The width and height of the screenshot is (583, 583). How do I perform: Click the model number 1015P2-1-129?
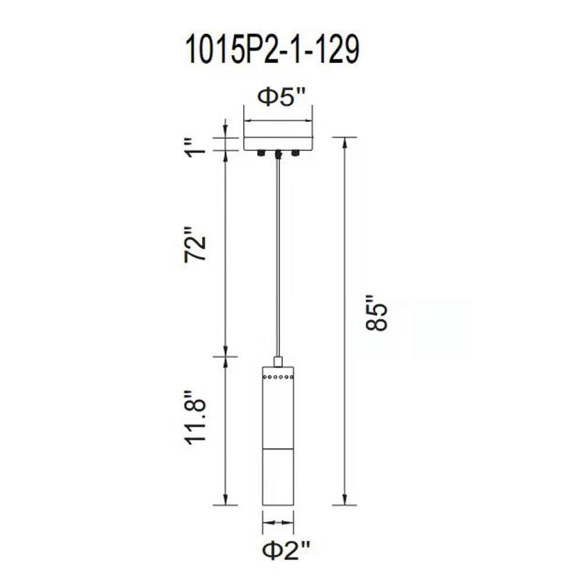(272, 50)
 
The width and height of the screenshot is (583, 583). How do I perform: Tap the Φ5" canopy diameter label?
(282, 98)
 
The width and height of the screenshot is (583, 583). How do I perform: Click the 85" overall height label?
(377, 312)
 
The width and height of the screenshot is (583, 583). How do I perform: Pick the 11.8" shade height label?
(195, 417)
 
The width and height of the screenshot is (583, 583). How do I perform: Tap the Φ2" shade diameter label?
(286, 551)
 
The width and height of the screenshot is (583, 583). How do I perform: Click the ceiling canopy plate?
(278, 143)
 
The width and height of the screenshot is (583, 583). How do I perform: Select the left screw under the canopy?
(261, 153)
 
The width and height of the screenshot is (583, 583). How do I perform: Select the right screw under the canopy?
(296, 153)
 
